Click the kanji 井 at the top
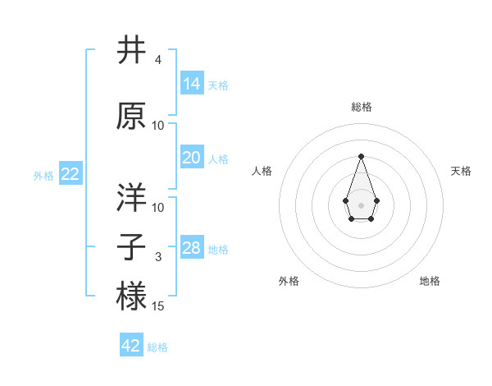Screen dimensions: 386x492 [x=132, y=51]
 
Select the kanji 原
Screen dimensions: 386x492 [x=132, y=116]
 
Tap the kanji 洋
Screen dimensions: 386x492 [x=132, y=198]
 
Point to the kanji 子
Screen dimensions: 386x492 [x=132, y=246]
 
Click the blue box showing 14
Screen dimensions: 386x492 [x=192, y=84]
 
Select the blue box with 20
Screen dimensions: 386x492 [x=192, y=158]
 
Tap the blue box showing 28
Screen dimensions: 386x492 [x=192, y=248]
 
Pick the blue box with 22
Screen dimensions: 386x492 [x=71, y=174]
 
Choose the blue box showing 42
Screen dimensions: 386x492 [x=131, y=346]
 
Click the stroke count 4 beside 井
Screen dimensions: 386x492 [x=157, y=61]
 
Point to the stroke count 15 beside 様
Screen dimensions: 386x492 [x=158, y=306]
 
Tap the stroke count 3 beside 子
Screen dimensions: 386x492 [x=158, y=257]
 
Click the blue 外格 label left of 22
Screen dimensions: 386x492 [x=43, y=176]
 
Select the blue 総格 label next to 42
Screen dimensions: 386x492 [x=157, y=347]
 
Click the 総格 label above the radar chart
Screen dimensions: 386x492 [x=361, y=108]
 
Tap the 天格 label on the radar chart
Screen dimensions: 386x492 [x=461, y=171]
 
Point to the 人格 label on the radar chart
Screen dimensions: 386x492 [x=262, y=171]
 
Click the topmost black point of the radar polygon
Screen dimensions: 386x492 [x=361, y=156]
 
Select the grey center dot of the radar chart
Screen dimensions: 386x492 [x=361, y=204]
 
